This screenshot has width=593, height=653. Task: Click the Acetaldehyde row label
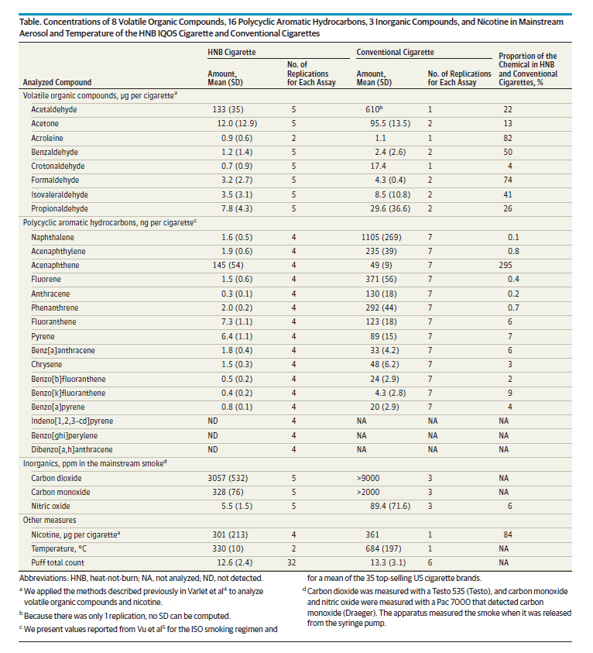54,110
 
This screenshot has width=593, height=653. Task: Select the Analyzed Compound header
57,82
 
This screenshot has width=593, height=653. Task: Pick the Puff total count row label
59,562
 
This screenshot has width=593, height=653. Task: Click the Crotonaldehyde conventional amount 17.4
378,166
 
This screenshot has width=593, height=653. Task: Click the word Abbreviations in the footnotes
46,578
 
